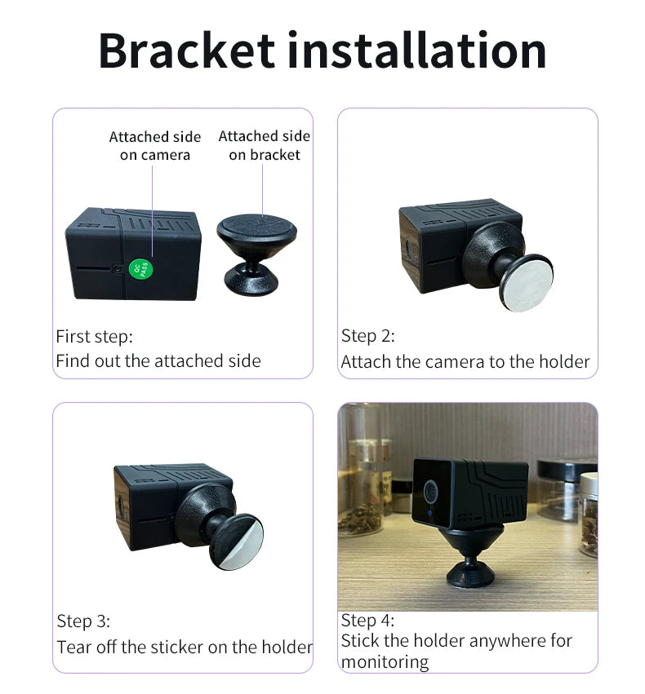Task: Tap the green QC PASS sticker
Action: [141, 268]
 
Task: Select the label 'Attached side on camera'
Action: [155, 146]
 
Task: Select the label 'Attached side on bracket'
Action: [265, 145]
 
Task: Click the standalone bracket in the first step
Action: [256, 254]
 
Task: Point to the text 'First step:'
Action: [95, 337]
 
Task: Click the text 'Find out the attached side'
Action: [158, 361]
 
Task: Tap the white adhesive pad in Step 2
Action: [527, 284]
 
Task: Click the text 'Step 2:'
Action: [367, 336]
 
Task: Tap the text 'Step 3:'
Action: [83, 621]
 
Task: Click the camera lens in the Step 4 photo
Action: [430, 490]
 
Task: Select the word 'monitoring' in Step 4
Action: [385, 662]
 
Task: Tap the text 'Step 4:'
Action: [367, 621]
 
